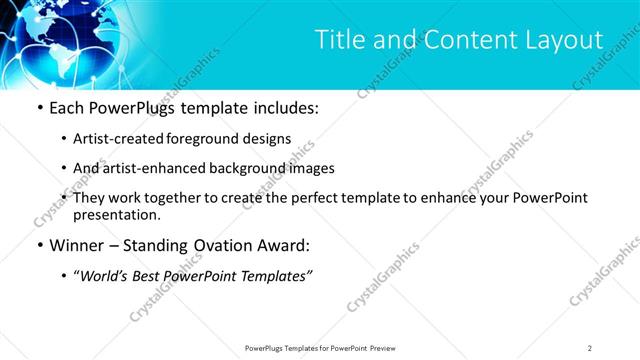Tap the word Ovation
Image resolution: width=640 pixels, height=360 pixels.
pos(217,244)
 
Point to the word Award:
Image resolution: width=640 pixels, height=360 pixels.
pos(284,244)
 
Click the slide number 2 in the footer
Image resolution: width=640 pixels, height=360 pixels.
pos(589,347)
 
